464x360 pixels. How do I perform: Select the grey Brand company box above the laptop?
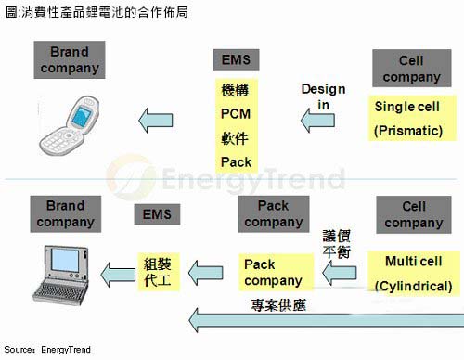65,214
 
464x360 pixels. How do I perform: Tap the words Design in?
323,96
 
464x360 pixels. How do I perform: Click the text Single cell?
407,107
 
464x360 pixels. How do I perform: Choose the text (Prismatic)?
408,131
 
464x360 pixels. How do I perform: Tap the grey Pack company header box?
273,214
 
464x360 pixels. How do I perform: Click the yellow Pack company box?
273,272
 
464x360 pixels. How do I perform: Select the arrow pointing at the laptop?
117,272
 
